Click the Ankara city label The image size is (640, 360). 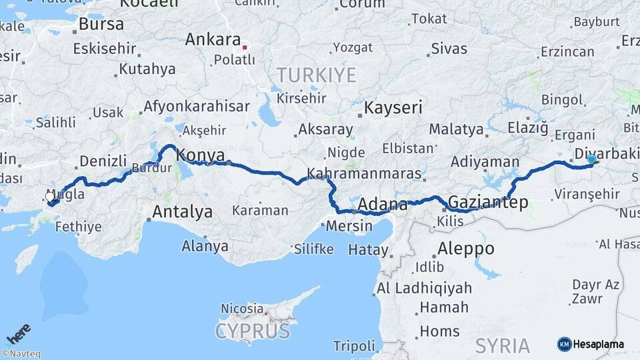pos(213,39)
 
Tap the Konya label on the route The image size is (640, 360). pos(200,155)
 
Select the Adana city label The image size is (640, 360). pos(383,204)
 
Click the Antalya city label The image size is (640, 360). pos(182,213)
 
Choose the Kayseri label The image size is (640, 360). pos(393,107)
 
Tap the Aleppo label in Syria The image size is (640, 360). pos(466,249)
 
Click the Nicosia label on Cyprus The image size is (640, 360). pos(243,309)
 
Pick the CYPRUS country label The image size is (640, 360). pos(253,331)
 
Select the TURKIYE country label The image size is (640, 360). pos(317,75)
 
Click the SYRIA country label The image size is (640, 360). pos(502,345)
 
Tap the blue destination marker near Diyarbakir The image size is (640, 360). pos(591,159)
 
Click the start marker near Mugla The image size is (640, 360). pos(51,198)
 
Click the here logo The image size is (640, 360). pos(18,334)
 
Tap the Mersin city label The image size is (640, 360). pos(349,226)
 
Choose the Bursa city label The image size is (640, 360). pos(101,24)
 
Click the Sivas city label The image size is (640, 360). pos(449,49)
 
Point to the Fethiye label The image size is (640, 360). pos(78,227)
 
